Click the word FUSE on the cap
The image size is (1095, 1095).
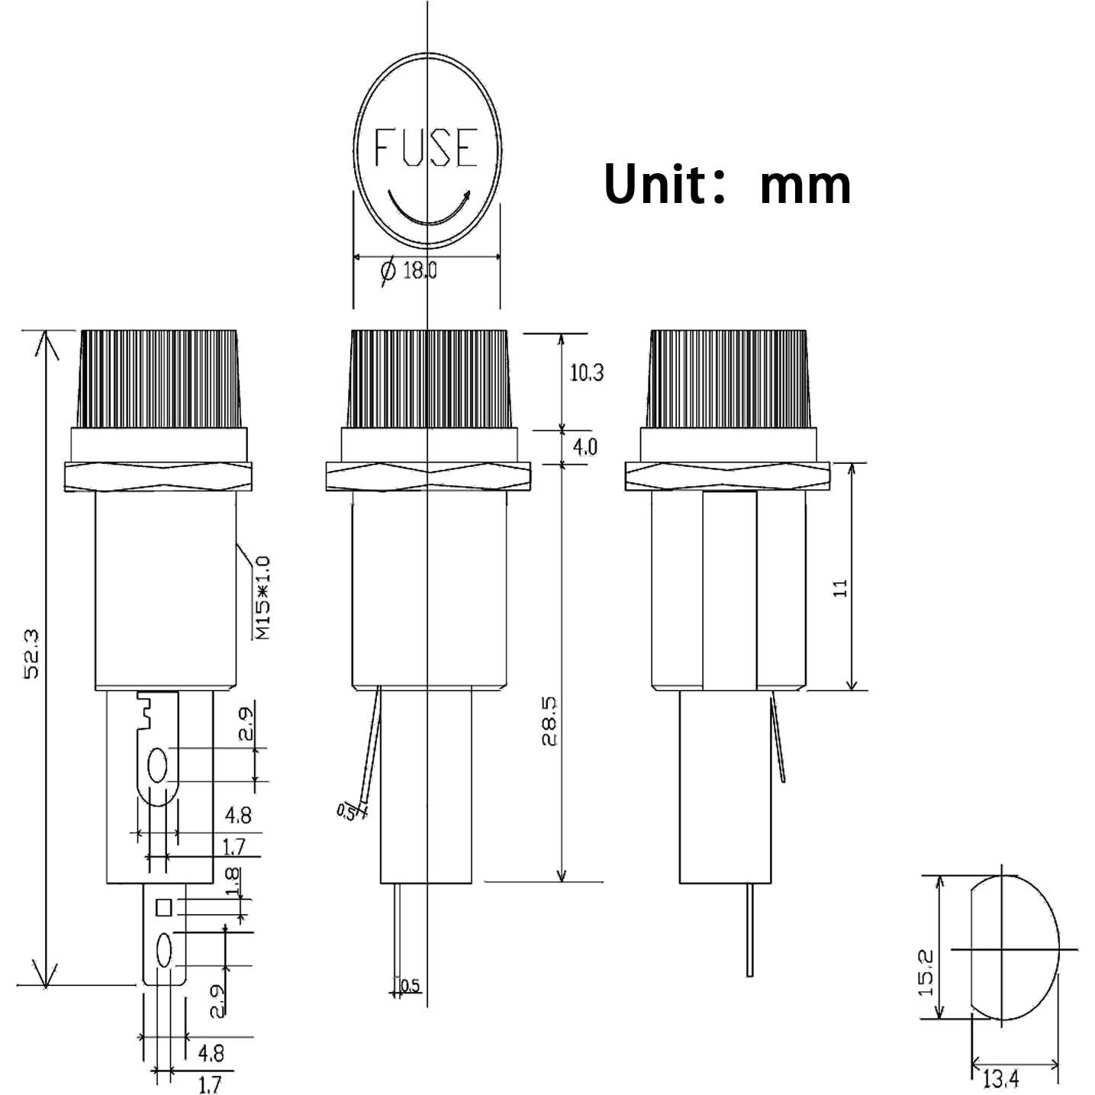coord(426,147)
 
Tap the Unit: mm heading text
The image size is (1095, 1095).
coord(726,184)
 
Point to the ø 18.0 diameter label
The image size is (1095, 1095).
coord(409,270)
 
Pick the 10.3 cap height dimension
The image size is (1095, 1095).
coord(586,372)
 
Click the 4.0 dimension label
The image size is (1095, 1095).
coord(585,446)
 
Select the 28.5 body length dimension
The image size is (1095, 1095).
coord(551,720)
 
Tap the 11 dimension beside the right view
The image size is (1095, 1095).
coord(841,588)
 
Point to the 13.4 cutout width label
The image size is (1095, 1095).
coord(1000,1079)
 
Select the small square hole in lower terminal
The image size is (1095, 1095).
coord(163,907)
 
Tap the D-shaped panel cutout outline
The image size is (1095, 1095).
coord(1015,948)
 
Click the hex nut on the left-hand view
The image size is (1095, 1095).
coord(158,476)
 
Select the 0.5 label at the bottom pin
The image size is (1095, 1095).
coord(410,985)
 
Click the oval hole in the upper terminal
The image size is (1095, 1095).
coord(158,765)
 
